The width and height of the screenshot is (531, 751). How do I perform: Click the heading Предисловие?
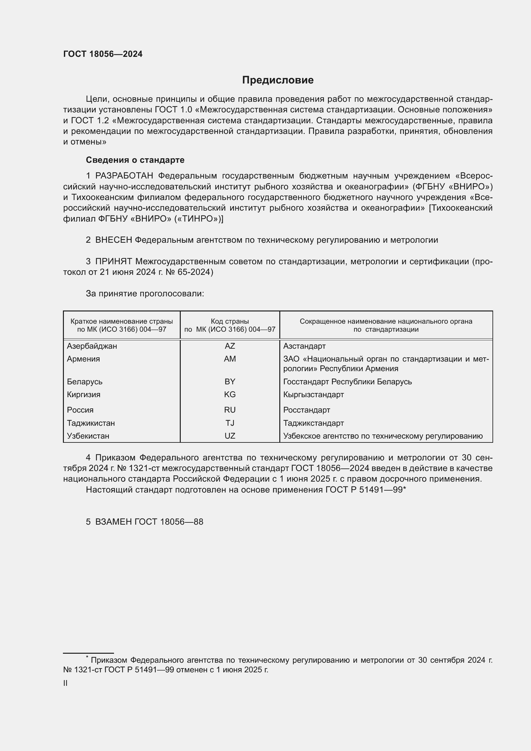(x=278, y=80)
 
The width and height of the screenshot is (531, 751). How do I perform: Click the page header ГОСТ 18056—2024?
(x=103, y=54)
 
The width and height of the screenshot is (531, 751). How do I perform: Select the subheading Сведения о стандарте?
(x=135, y=160)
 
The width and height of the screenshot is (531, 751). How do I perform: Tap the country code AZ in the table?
(x=230, y=346)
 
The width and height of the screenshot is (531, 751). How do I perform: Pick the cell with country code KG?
(x=230, y=395)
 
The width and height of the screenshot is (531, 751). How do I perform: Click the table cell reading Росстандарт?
(x=306, y=410)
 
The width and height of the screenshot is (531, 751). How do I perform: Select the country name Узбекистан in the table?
(x=88, y=436)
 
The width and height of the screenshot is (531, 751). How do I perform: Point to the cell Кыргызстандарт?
(x=313, y=395)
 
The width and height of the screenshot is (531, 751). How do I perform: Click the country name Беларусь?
(x=85, y=382)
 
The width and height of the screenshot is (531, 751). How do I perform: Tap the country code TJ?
(x=230, y=423)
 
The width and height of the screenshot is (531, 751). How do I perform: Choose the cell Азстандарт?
(x=304, y=346)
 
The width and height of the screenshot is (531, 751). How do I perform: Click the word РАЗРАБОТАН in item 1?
(x=124, y=176)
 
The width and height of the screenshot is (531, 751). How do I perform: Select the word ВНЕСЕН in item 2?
(x=113, y=240)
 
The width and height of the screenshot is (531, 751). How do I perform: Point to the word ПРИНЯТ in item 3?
(x=113, y=261)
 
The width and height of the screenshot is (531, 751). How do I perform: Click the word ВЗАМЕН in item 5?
(x=113, y=522)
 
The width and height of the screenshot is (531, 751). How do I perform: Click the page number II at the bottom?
(x=65, y=683)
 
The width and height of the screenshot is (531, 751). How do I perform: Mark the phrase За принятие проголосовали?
(x=145, y=294)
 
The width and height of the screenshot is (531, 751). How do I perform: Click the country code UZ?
(x=230, y=436)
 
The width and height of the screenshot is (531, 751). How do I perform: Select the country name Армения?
(x=83, y=359)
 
